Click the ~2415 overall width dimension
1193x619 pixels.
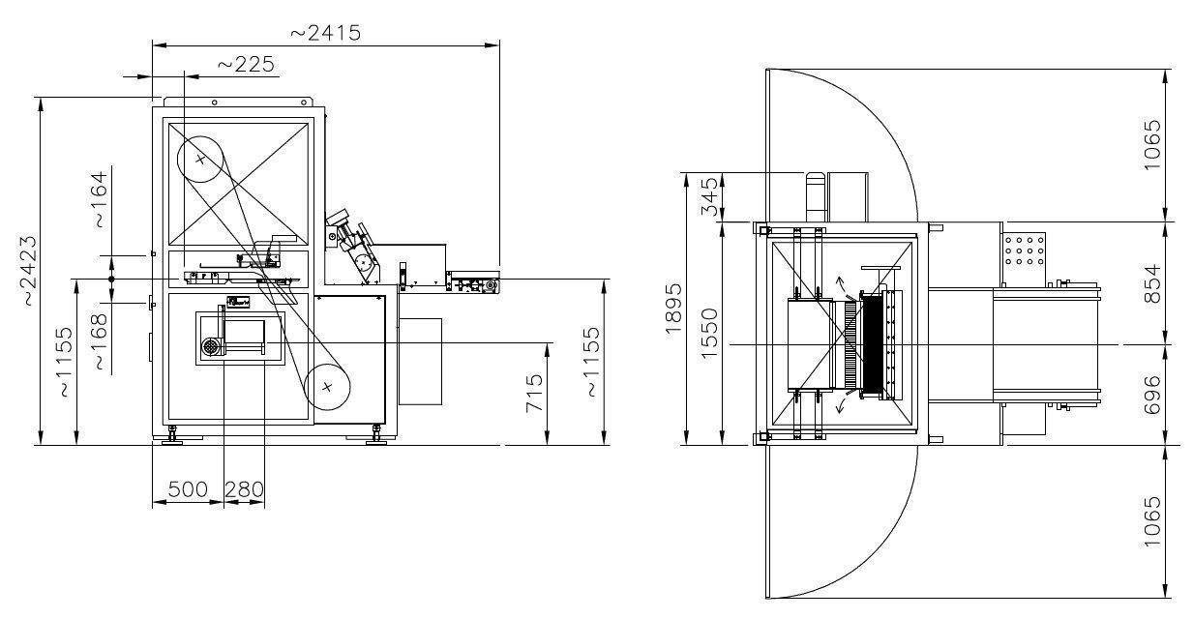click(326, 33)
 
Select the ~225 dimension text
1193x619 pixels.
click(247, 65)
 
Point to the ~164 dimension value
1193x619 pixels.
click(101, 200)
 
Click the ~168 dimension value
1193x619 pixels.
click(100, 341)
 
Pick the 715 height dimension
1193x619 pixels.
click(534, 394)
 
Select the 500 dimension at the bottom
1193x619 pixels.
click(188, 489)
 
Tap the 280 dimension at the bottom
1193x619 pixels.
click(245, 489)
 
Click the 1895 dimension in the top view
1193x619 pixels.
click(673, 309)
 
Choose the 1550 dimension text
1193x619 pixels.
click(710, 334)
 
